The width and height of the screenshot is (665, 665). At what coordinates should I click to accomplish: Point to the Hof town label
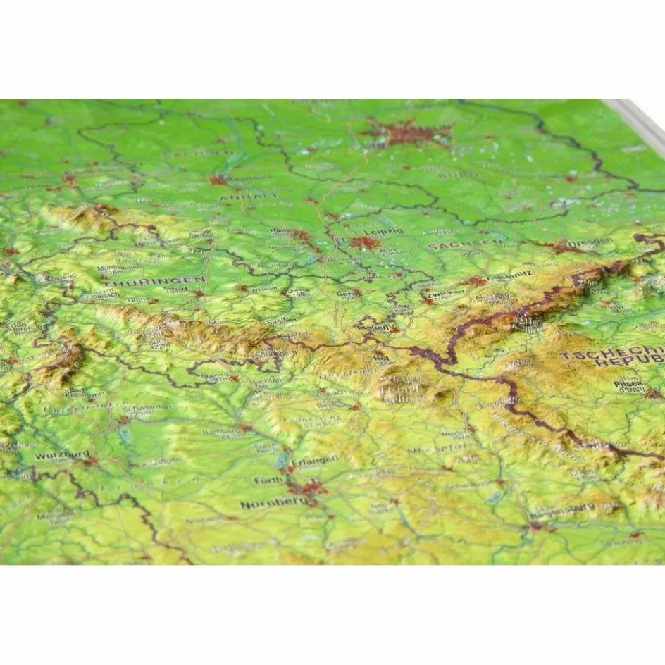click(384, 358)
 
